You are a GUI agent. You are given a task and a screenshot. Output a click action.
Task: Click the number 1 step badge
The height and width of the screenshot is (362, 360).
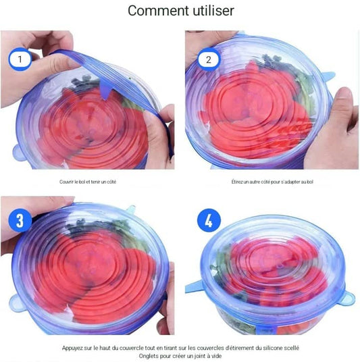pyautogui.click(x=20, y=59)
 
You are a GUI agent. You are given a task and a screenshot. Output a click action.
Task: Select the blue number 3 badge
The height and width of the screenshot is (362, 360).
pyautogui.click(x=20, y=221)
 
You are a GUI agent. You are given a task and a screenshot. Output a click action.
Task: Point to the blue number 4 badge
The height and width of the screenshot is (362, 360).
pyautogui.click(x=209, y=221)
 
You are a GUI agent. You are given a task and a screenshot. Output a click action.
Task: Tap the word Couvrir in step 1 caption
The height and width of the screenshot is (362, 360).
pyautogui.click(x=67, y=182)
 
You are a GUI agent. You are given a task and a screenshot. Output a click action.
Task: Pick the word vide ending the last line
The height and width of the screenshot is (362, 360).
pyautogui.click(x=215, y=356)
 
